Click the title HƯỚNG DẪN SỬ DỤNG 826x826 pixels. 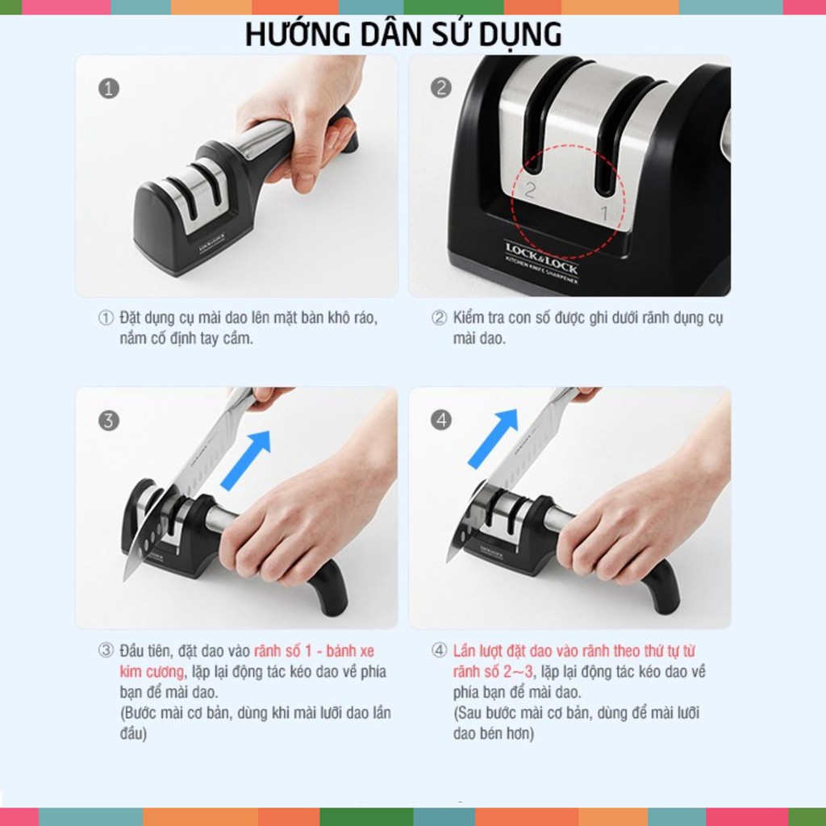coord(403,35)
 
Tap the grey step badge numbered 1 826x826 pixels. coord(109,89)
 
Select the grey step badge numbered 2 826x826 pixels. coord(441,88)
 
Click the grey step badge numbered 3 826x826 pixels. coord(109,420)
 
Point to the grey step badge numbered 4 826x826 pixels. coord(441,419)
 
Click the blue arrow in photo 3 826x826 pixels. coord(245,461)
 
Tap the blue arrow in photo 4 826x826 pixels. coord(493,439)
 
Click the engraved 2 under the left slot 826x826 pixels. coord(530,190)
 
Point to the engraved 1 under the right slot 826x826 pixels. coord(604,212)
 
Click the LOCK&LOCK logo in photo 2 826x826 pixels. coord(541,258)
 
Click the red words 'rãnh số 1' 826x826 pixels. coord(282,651)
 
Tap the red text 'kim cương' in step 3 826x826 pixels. coord(151,672)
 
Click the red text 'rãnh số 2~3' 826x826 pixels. coord(493,672)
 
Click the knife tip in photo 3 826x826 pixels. coord(124,580)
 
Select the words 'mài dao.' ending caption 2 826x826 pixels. coord(479,338)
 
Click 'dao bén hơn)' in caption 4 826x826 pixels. coord(493,733)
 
